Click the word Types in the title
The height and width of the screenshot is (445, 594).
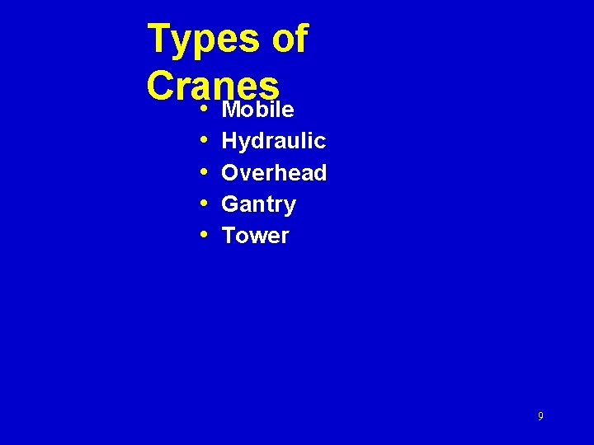pyautogui.click(x=202, y=40)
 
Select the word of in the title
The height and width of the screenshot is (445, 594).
pyautogui.click(x=289, y=39)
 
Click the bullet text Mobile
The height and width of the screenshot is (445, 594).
pyautogui.click(x=258, y=110)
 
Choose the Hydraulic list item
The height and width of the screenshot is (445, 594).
pyautogui.click(x=274, y=142)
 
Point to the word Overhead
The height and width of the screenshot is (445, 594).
pyautogui.click(x=274, y=173)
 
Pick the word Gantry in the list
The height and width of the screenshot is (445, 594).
pyautogui.click(x=258, y=204)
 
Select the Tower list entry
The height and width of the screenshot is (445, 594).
pyautogui.click(x=255, y=236)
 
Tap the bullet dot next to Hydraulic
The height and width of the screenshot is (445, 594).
pyautogui.click(x=204, y=141)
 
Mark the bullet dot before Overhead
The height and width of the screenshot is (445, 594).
pyautogui.click(x=204, y=172)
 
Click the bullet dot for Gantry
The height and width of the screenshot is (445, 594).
pyautogui.click(x=204, y=204)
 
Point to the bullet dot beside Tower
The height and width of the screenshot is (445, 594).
pyautogui.click(x=204, y=235)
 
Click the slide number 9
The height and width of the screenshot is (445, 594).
pyautogui.click(x=540, y=416)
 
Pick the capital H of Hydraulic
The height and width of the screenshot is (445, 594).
pyautogui.click(x=230, y=141)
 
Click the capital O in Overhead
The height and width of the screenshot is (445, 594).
pyautogui.click(x=231, y=173)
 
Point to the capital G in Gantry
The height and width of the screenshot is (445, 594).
pyautogui.click(x=231, y=204)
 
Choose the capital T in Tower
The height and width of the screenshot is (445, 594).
pyautogui.click(x=229, y=236)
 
